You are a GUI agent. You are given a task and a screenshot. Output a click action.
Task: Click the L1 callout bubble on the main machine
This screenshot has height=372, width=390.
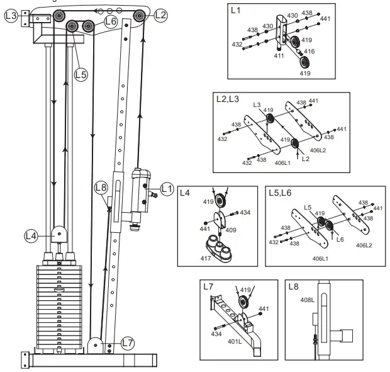click(166, 187)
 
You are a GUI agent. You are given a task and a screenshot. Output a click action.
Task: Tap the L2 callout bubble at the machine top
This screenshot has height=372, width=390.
click(160, 14)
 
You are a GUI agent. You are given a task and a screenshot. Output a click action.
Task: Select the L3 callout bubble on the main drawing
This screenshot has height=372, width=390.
click(11, 15)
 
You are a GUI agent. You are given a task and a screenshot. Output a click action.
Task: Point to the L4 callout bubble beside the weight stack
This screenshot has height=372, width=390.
click(31, 236)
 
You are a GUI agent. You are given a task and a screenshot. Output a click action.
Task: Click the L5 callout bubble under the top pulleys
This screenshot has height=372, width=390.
click(81, 74)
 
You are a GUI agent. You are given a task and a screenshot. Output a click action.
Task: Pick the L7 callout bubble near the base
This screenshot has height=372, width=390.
click(128, 343)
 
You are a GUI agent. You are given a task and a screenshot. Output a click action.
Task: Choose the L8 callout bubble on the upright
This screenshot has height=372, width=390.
click(101, 187)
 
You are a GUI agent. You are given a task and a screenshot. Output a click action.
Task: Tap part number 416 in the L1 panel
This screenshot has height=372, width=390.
click(309, 50)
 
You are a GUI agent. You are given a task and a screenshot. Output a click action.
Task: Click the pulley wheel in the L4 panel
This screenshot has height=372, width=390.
click(221, 201)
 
